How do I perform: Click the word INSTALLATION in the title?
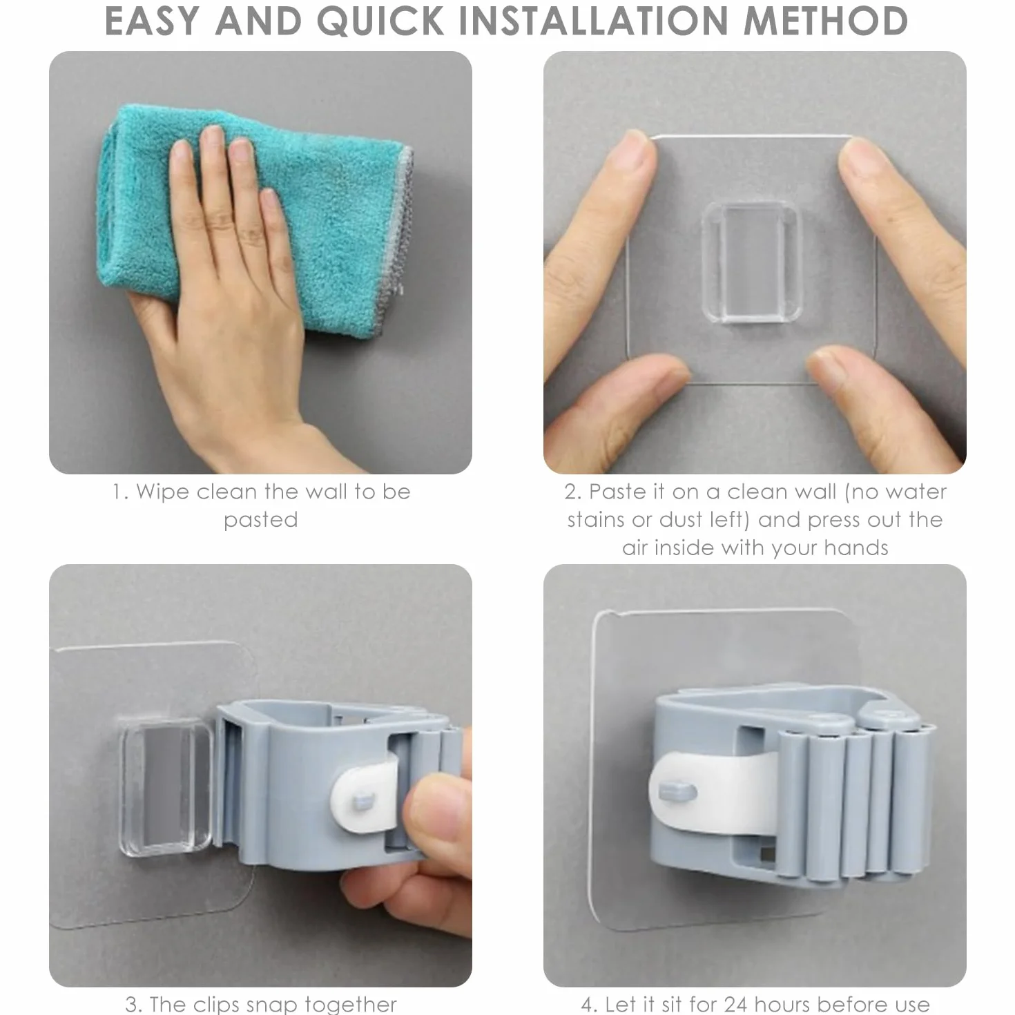pos(594,21)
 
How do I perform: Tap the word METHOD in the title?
pos(826,21)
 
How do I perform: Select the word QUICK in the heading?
pos(380,22)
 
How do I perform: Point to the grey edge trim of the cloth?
pos(403,221)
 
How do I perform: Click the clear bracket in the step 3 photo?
pos(166,786)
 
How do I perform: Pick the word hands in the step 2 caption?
pos(856,548)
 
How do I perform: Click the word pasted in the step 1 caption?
pos(261,521)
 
